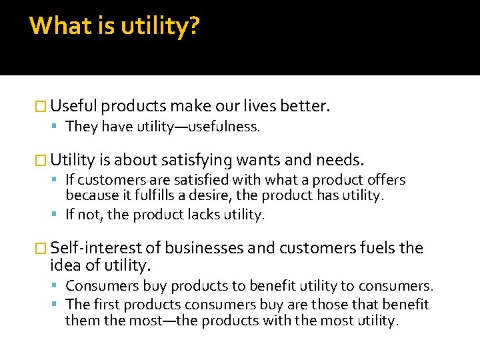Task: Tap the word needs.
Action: tap(340, 160)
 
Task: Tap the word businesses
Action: tap(204, 248)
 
